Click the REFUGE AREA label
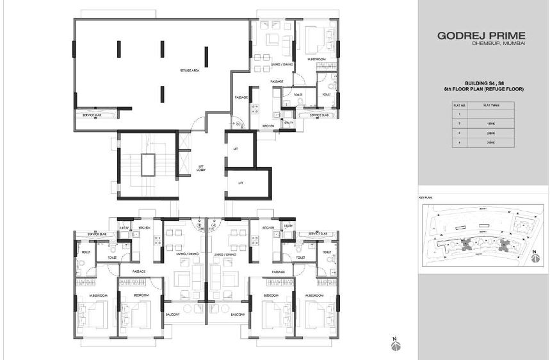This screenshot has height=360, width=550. tap(191, 70)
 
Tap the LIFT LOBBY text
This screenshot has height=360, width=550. tap(200, 167)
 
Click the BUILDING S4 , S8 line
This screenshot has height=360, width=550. tap(484, 84)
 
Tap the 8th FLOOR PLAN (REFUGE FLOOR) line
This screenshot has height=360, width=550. tap(484, 90)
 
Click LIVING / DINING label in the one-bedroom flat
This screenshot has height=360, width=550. tap(268, 65)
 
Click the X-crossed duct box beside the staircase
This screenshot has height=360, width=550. tap(184, 140)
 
